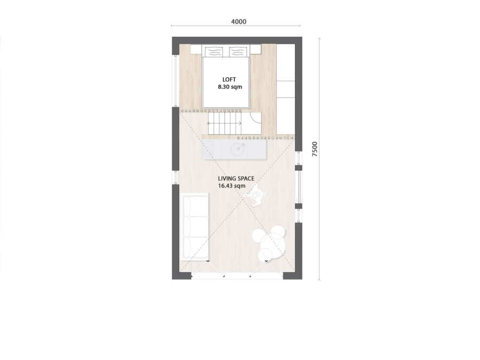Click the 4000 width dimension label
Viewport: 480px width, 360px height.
(238, 22)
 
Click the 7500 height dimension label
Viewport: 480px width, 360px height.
(315, 149)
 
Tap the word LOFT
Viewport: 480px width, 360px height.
(229, 79)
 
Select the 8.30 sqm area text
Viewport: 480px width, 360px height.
(230, 87)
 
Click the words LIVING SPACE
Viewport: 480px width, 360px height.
(236, 179)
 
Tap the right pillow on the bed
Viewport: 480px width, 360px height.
(238, 51)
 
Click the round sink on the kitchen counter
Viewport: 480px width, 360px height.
(237, 149)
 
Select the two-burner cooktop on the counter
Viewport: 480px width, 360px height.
(208, 149)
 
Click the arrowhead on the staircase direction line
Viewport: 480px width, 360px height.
(240, 123)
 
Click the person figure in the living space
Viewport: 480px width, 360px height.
(255, 195)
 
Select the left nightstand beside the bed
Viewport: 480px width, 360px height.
(196, 49)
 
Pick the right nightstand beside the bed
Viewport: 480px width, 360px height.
(255, 49)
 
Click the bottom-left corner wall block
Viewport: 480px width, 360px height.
(181, 276)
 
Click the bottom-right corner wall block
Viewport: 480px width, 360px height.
(293, 276)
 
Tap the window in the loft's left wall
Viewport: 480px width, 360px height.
(175, 81)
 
